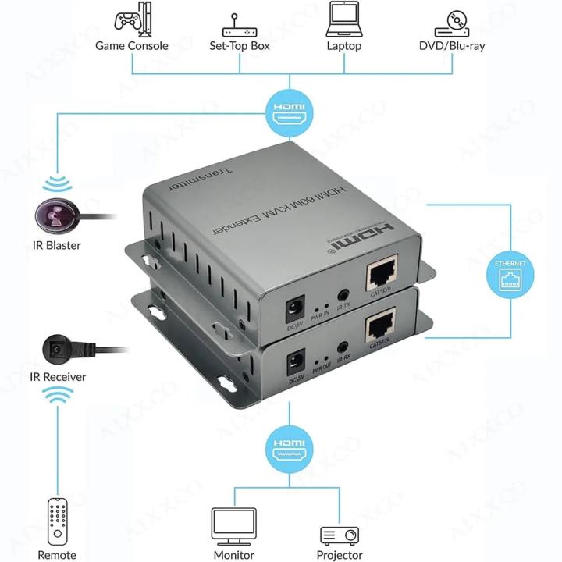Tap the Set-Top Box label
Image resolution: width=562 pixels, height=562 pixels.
click(239, 46)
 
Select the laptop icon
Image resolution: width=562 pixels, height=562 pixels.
click(344, 18)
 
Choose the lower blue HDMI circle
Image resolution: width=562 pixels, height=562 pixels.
click(288, 450)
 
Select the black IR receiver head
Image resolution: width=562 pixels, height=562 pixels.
click(55, 348)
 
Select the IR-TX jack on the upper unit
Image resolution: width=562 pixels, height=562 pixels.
click(341, 297)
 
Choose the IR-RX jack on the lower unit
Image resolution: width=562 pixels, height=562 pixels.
click(341, 349)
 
